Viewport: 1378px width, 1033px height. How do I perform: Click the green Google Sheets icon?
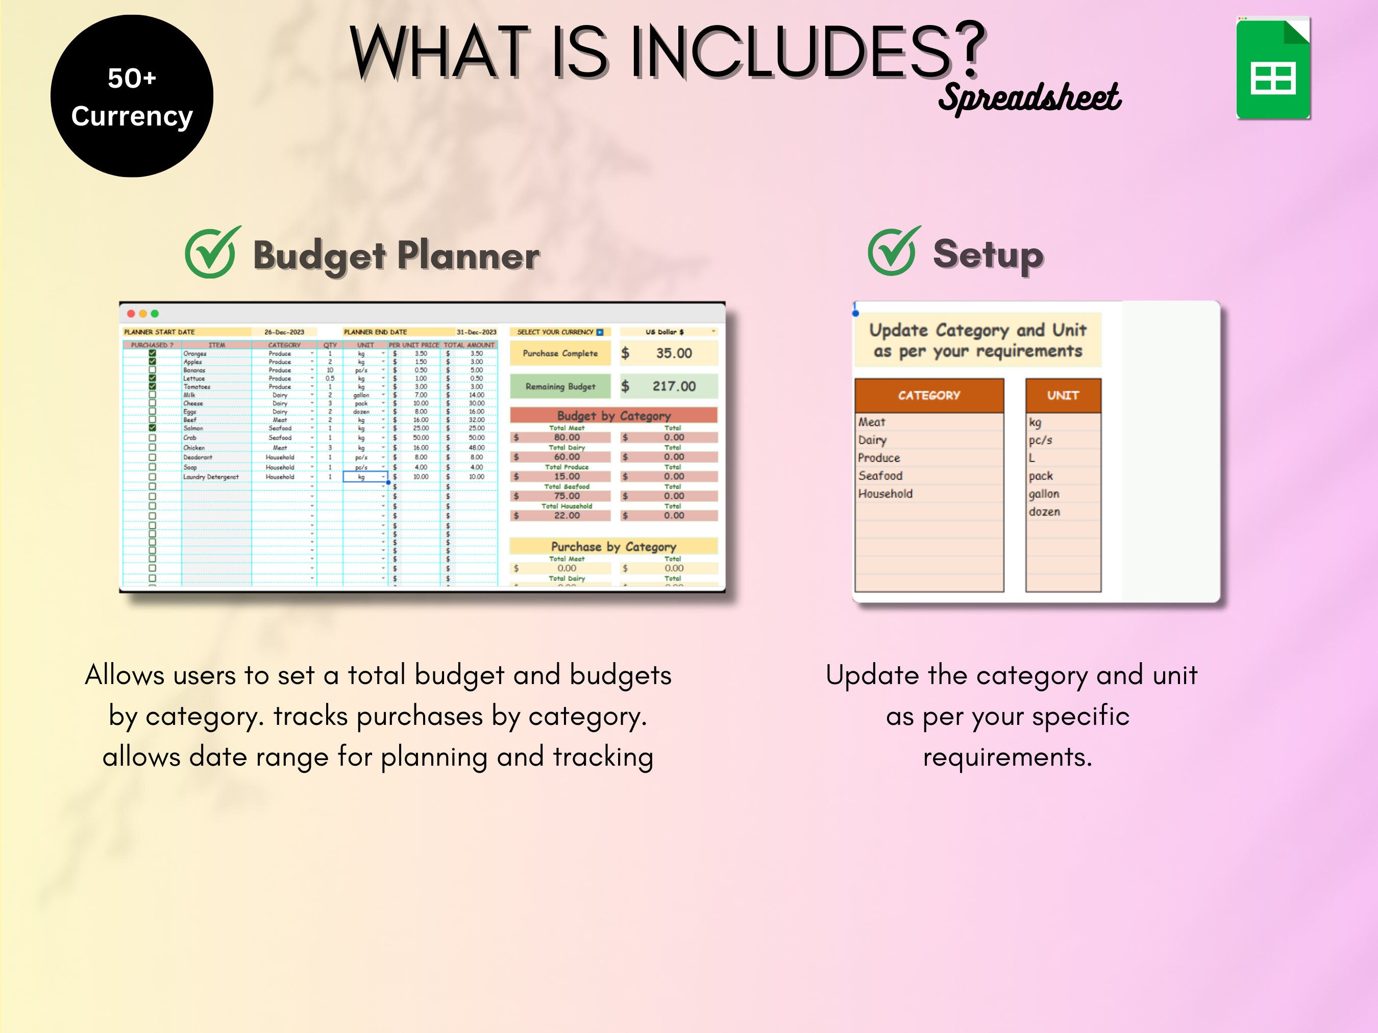coord(1273,68)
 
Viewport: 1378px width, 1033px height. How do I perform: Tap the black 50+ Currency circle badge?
coord(132,96)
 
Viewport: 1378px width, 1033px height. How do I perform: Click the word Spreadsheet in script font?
coord(1029,98)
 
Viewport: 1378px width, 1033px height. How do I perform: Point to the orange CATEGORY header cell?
coord(928,395)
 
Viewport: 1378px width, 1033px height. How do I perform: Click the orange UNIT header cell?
coord(1063,395)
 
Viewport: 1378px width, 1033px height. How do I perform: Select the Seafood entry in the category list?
coord(880,476)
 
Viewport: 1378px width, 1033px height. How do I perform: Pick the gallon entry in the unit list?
coord(1044,494)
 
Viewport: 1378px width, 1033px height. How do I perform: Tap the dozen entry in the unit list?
coord(1044,512)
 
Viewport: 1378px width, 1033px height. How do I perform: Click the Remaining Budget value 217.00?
coord(673,386)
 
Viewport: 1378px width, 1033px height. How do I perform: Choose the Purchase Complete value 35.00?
coord(673,353)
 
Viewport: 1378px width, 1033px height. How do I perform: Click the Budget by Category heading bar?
coord(613,415)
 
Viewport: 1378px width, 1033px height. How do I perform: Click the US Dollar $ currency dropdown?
coord(669,332)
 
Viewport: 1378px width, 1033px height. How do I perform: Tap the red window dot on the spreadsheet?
coord(131,314)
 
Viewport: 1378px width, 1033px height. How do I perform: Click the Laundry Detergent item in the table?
coord(211,477)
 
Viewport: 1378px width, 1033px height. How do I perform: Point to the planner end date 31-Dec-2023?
coord(476,332)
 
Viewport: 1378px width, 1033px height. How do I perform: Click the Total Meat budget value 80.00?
coord(567,437)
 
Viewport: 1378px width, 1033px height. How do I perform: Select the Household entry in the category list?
coord(885,494)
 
